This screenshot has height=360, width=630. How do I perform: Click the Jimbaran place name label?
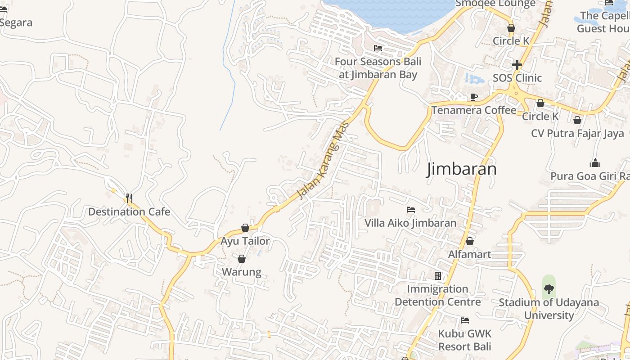(461, 169)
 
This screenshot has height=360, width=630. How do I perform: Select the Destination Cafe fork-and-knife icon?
(129, 198)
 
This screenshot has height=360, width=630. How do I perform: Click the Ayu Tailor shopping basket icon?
(245, 228)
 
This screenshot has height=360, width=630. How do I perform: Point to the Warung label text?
(242, 272)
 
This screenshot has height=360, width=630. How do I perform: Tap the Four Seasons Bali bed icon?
(378, 48)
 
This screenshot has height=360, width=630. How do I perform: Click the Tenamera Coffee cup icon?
(473, 97)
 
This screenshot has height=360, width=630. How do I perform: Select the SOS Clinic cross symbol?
(517, 65)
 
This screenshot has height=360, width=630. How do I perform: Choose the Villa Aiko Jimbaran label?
(410, 223)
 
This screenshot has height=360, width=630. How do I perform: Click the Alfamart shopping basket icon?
(470, 241)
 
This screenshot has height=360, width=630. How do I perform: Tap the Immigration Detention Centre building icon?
(437, 275)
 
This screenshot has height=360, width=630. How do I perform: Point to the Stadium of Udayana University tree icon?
(549, 288)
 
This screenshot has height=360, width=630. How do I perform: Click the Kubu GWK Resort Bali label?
(465, 340)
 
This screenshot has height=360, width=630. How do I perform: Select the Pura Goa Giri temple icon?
(595, 163)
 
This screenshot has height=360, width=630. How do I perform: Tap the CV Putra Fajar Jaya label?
(577, 133)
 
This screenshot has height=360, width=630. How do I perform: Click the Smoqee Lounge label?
(495, 4)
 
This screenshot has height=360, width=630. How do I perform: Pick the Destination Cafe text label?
(129, 211)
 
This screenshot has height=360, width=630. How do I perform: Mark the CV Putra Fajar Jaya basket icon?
(577, 120)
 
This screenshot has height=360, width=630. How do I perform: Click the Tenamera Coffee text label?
(474, 110)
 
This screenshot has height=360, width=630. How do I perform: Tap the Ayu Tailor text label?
(245, 241)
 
